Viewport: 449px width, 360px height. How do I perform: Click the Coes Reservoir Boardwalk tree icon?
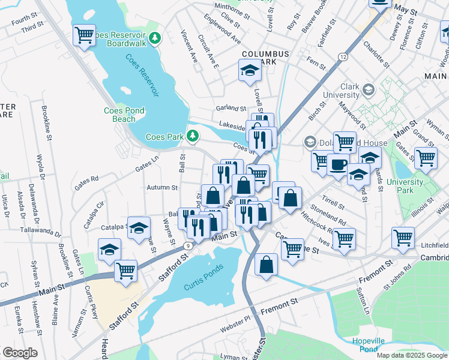(155, 38)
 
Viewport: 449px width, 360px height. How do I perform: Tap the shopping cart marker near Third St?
(85, 34)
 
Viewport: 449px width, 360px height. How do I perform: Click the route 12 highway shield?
(343, 56)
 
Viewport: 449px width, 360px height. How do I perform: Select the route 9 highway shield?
(188, 245)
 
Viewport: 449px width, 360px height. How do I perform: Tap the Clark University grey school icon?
(369, 90)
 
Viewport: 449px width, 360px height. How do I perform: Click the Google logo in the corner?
(19, 353)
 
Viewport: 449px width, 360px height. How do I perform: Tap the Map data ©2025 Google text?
(412, 355)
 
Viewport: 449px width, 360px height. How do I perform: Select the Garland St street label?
(231, 109)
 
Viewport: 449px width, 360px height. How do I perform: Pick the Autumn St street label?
(161, 187)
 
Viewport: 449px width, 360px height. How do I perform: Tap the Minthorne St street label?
(228, 7)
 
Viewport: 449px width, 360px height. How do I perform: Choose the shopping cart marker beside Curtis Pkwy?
(126, 271)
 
